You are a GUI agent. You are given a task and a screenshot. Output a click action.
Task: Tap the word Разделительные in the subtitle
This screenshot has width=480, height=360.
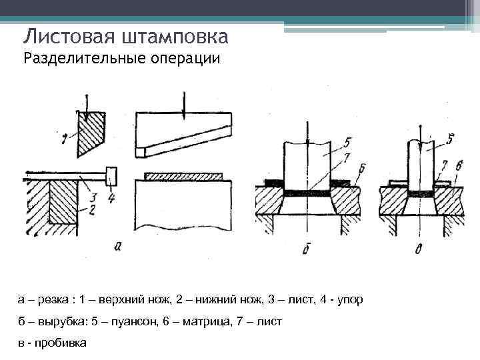[x=79, y=59]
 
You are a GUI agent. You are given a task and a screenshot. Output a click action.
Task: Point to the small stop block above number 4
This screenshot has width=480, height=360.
[x=111, y=176]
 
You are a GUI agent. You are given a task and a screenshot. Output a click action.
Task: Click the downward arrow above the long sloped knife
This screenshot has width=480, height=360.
[x=184, y=103]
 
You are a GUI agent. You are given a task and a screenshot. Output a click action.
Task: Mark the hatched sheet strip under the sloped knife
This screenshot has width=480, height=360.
[x=185, y=177]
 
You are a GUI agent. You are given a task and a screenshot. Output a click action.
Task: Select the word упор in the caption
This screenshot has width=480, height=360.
[x=349, y=299]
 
